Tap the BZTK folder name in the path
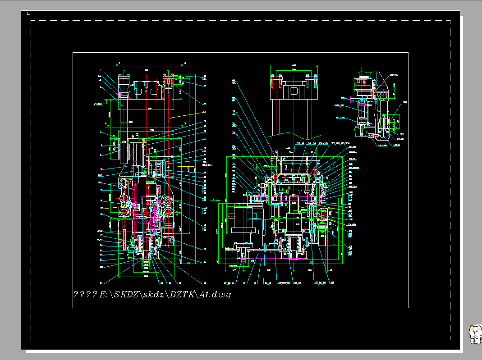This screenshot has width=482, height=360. pyautogui.click(x=181, y=294)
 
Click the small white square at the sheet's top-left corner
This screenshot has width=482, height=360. pyautogui.click(x=28, y=13)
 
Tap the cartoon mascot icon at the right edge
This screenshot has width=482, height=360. pyautogui.click(x=475, y=334)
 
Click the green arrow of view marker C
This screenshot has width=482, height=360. pyautogui.click(x=219, y=199)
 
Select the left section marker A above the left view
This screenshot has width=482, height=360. pyautogui.click(x=118, y=64)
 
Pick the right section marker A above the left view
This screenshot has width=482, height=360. pyautogui.click(x=185, y=64)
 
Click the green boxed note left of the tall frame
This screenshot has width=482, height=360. pyautogui.click(x=98, y=104)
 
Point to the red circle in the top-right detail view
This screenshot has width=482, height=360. pyautogui.click(x=384, y=95)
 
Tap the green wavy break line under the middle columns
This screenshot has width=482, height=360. pyautogui.click(x=294, y=134)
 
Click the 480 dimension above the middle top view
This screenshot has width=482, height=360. pyautogui.click(x=294, y=66)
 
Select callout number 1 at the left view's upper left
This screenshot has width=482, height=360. pyautogui.click(x=100, y=71)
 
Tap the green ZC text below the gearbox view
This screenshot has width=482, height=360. pyautogui.click(x=311, y=262)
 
